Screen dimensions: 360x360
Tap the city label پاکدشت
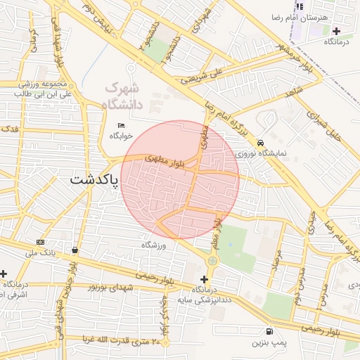point(95,180)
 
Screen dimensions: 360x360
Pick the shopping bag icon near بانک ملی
point(75,250)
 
